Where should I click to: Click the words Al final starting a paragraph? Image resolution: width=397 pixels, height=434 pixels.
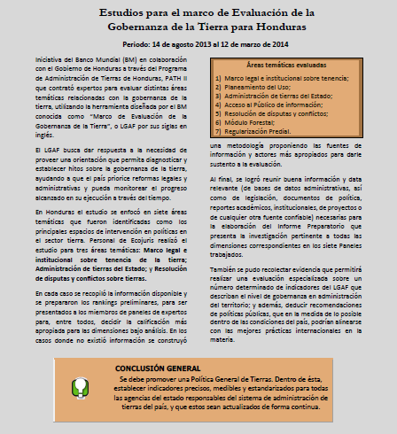point(222,179)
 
